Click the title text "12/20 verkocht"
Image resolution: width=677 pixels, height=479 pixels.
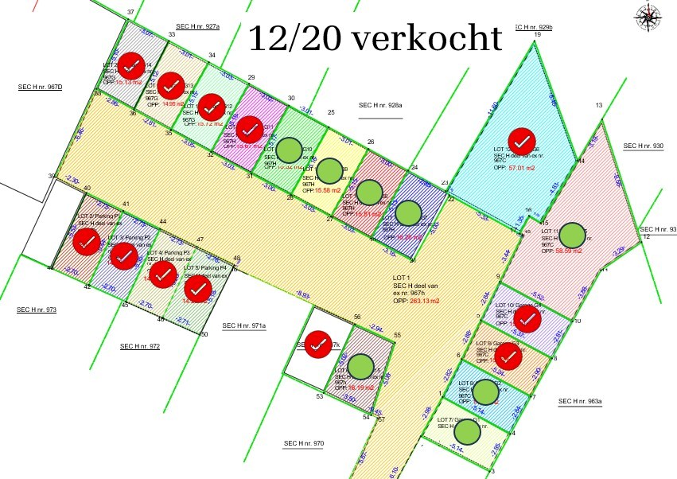click(x=375, y=37)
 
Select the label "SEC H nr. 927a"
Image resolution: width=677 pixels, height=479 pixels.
click(x=198, y=26)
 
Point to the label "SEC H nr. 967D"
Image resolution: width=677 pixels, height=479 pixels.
click(x=41, y=86)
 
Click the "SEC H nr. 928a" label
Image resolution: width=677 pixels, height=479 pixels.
click(x=380, y=105)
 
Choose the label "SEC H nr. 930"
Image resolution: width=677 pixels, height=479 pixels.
click(x=643, y=146)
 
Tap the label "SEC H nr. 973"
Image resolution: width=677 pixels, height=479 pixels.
click(x=37, y=309)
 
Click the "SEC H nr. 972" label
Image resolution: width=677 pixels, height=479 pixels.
click(x=140, y=346)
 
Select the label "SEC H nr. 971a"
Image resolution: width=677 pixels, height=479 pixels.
click(x=244, y=325)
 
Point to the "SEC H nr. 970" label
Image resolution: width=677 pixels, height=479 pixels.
click(x=304, y=442)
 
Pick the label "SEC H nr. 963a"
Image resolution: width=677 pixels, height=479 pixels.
click(x=580, y=402)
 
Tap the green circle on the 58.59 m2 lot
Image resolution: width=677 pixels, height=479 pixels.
click(x=572, y=236)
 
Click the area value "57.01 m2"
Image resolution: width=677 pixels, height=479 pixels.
click(x=521, y=169)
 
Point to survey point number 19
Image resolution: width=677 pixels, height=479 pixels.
click(x=537, y=35)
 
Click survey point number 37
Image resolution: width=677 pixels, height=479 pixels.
click(x=130, y=13)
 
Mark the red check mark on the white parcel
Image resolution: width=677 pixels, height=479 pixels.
click(x=318, y=343)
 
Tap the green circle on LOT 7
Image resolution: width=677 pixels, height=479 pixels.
click(x=468, y=431)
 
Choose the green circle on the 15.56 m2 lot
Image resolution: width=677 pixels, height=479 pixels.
click(x=329, y=170)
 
